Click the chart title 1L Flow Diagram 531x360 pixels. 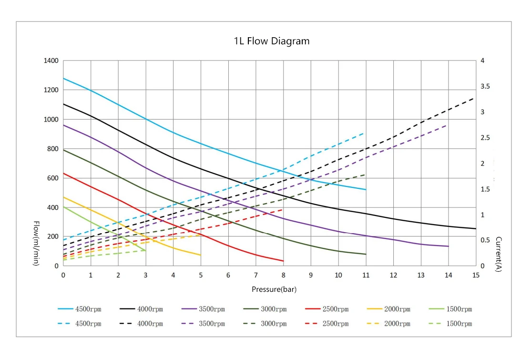(x=271, y=41)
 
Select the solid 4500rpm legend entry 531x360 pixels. (x=80, y=309)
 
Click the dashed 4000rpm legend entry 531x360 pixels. (x=142, y=324)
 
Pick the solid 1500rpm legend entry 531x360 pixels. (x=450, y=309)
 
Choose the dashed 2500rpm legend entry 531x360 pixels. (x=327, y=324)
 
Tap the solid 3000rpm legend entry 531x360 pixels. (x=265, y=309)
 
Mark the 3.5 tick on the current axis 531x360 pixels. (x=486, y=86)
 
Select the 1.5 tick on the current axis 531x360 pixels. (x=486, y=189)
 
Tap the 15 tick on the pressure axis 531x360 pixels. (x=476, y=275)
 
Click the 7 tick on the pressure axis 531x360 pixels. (x=256, y=275)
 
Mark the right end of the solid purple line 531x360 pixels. (x=449, y=246)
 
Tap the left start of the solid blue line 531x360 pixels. (x=63, y=78)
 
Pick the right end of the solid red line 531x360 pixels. (x=283, y=261)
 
